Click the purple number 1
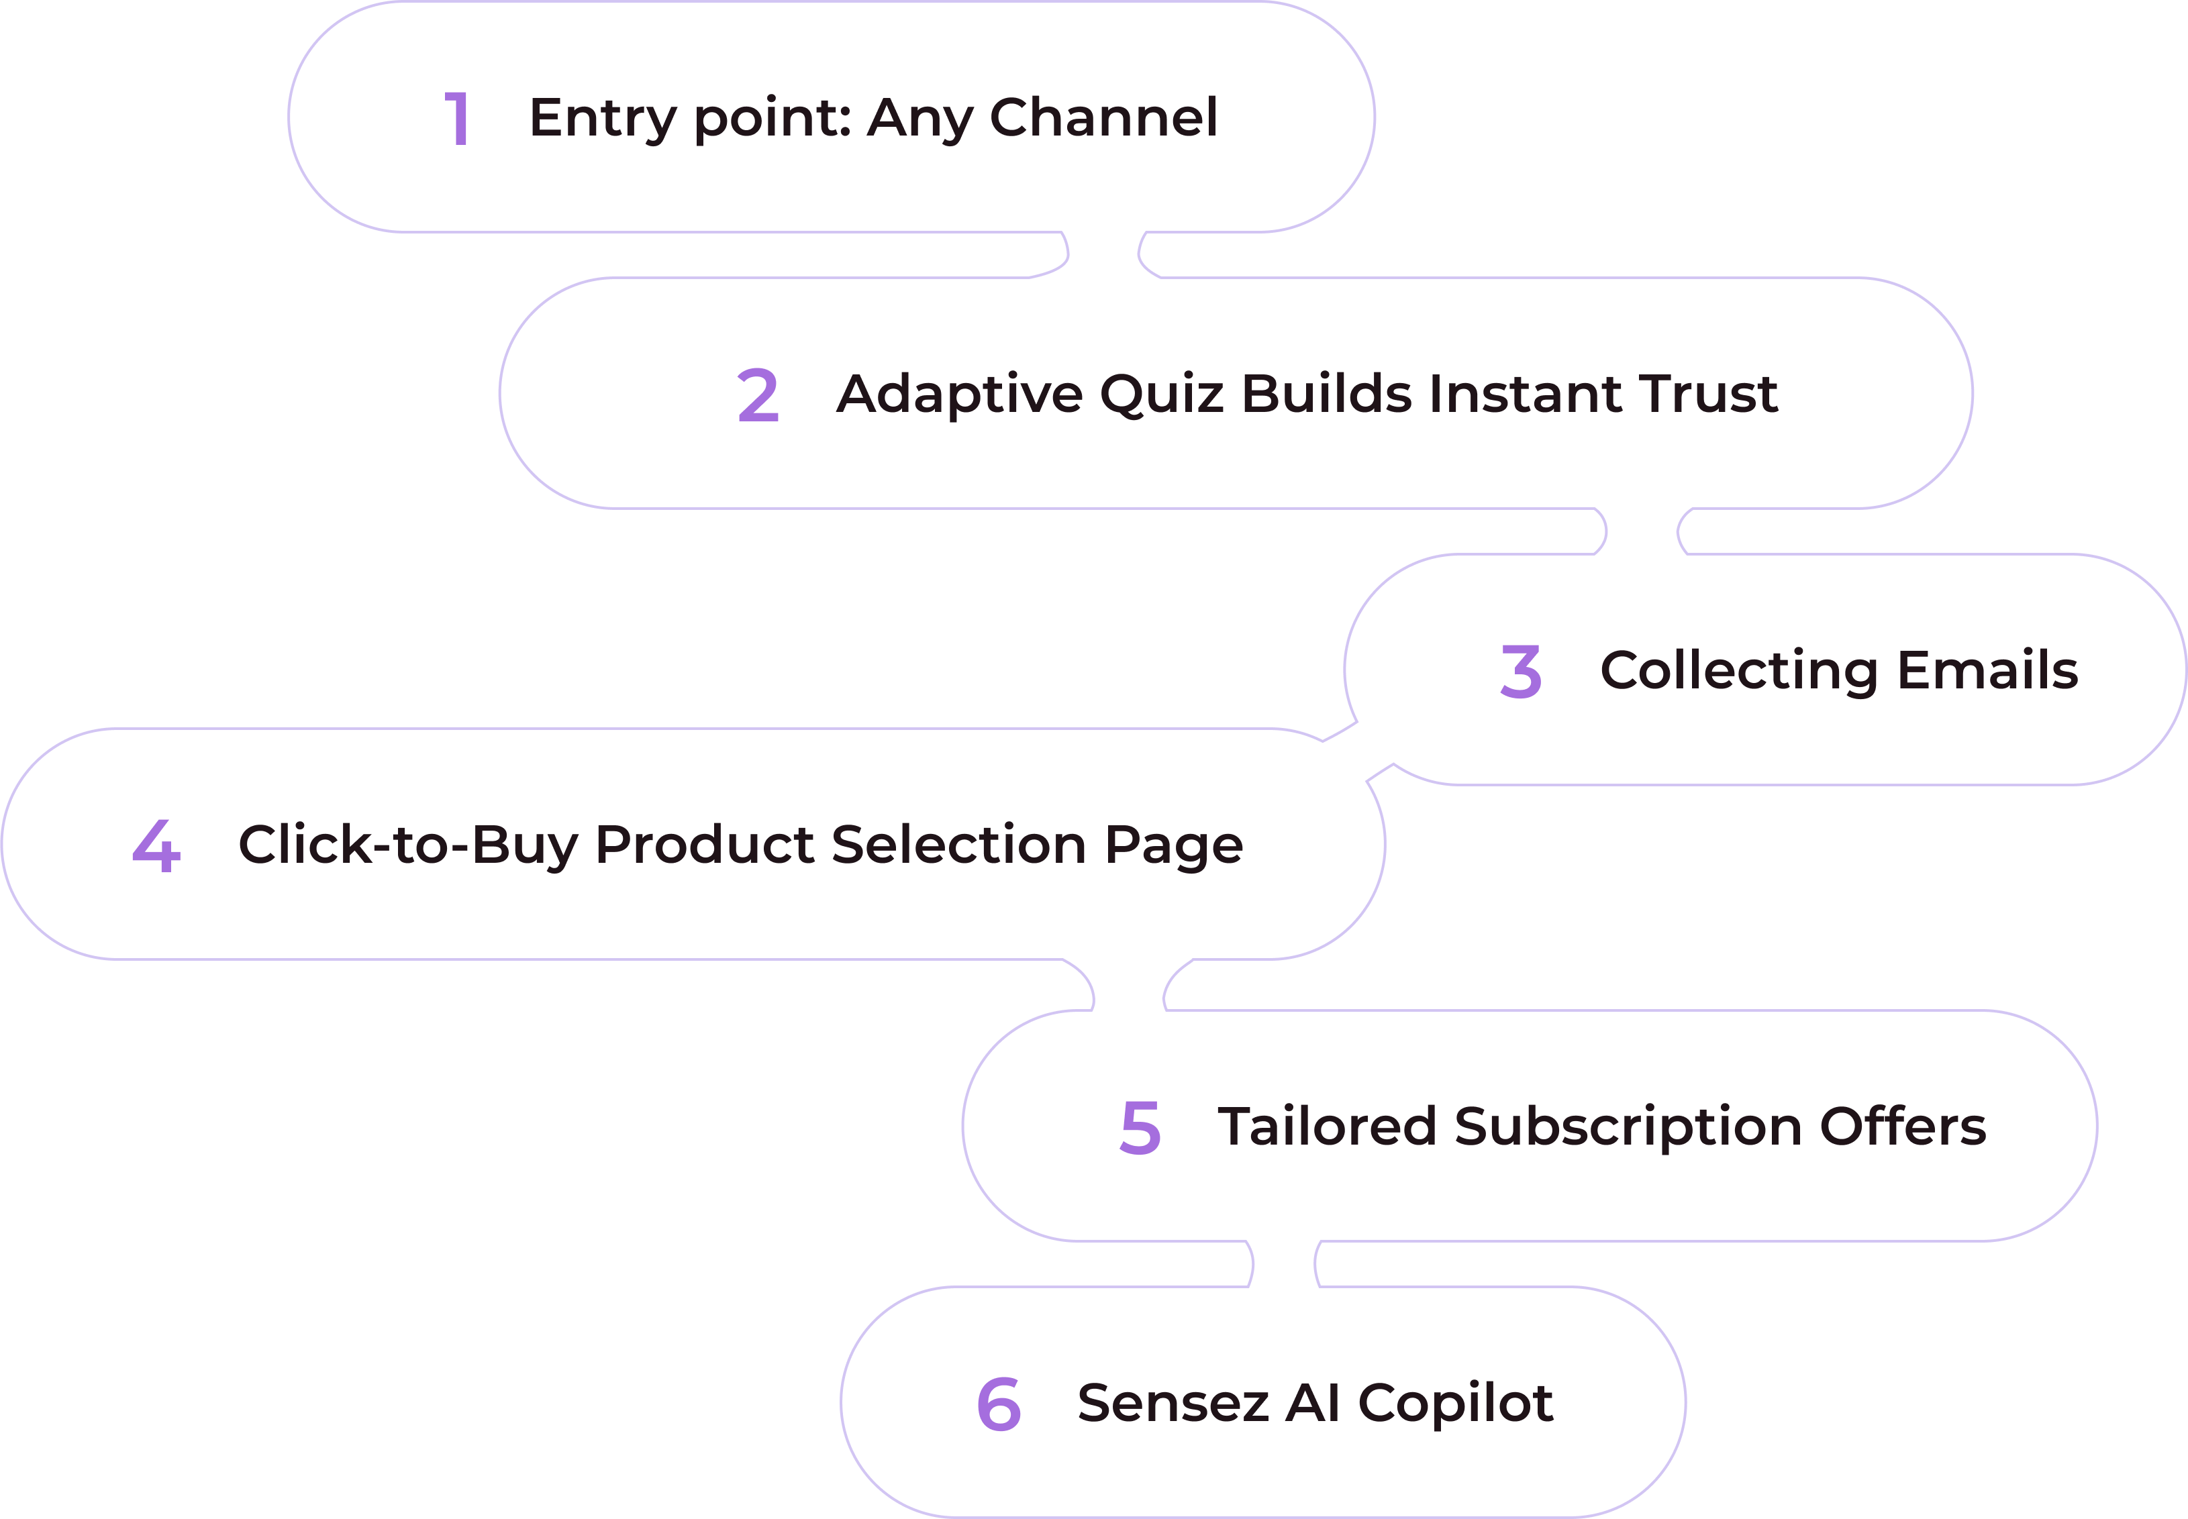tap(458, 118)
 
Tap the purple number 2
tap(758, 396)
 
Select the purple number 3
tap(1521, 672)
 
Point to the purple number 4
tap(157, 845)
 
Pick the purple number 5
tap(1140, 1128)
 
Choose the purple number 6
tap(999, 1404)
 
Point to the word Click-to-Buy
tap(407, 845)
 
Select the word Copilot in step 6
tap(1456, 1403)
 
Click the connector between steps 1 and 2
tap(1105, 254)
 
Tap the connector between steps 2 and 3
tap(1642, 531)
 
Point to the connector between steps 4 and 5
tap(1129, 985)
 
